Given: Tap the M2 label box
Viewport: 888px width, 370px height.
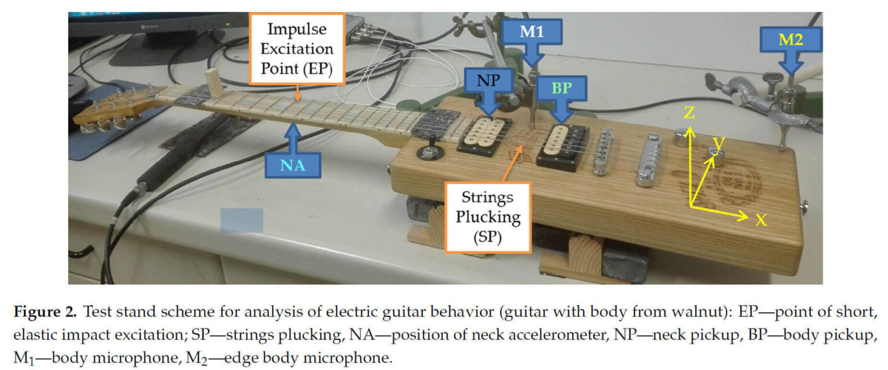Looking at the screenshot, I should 790,39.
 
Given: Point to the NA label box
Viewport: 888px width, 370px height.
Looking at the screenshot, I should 293,166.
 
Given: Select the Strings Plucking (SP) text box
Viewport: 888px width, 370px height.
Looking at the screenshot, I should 487,217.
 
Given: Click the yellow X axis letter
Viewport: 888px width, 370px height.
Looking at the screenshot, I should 761,220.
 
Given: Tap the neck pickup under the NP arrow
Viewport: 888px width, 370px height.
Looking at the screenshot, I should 484,135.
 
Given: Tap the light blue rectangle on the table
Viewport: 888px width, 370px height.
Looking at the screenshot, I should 242,220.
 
